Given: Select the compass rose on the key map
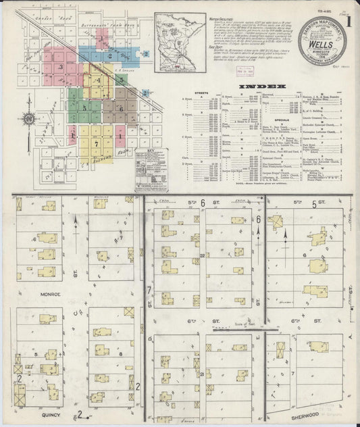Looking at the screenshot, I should pos(29,120).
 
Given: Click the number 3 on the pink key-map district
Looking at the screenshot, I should pos(61,67).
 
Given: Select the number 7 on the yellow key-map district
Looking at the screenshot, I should pos(97,144).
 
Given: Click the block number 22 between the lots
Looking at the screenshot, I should pos(203,256).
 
